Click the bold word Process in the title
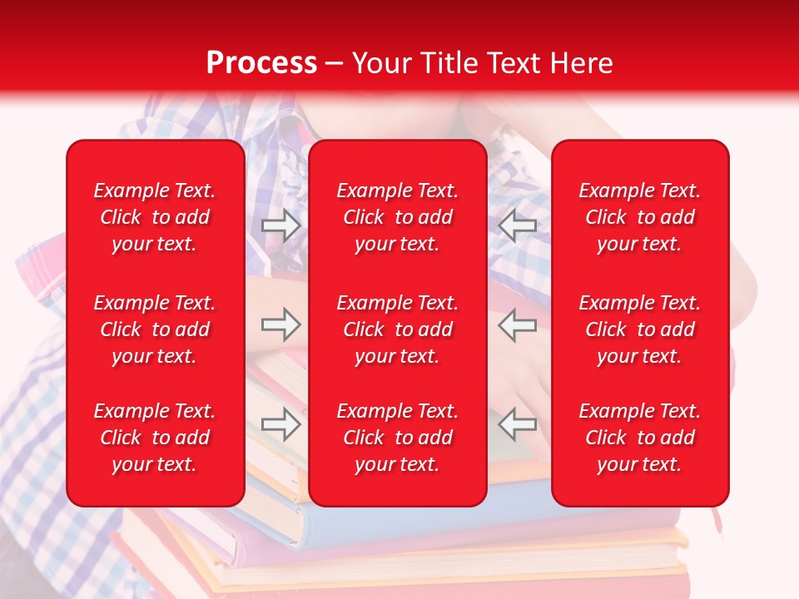tap(261, 63)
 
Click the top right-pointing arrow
tap(281, 225)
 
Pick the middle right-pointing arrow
tap(281, 324)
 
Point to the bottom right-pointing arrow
tap(281, 424)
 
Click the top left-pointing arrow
tap(518, 225)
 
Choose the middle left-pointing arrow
tap(518, 324)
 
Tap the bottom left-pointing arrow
tap(518, 424)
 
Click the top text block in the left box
tap(155, 217)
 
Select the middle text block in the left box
tap(155, 329)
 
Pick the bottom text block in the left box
tap(155, 438)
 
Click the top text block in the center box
tap(397, 217)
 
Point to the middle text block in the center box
tap(397, 329)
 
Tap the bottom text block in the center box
tap(397, 438)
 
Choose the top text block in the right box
tap(639, 217)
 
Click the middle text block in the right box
tap(639, 329)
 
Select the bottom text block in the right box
tap(639, 438)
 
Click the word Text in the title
tap(514, 63)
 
